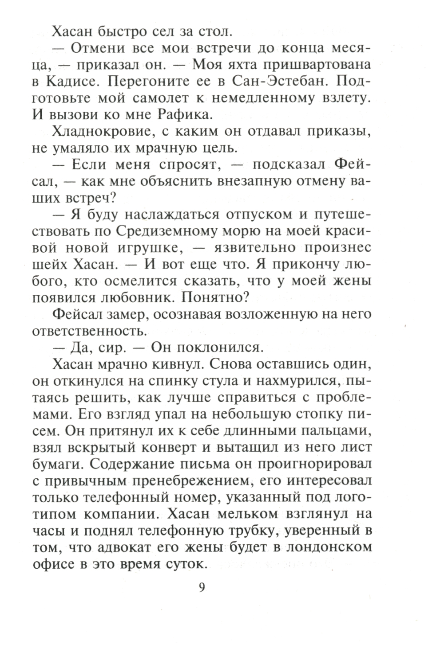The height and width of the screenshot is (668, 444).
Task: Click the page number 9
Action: point(201,587)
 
